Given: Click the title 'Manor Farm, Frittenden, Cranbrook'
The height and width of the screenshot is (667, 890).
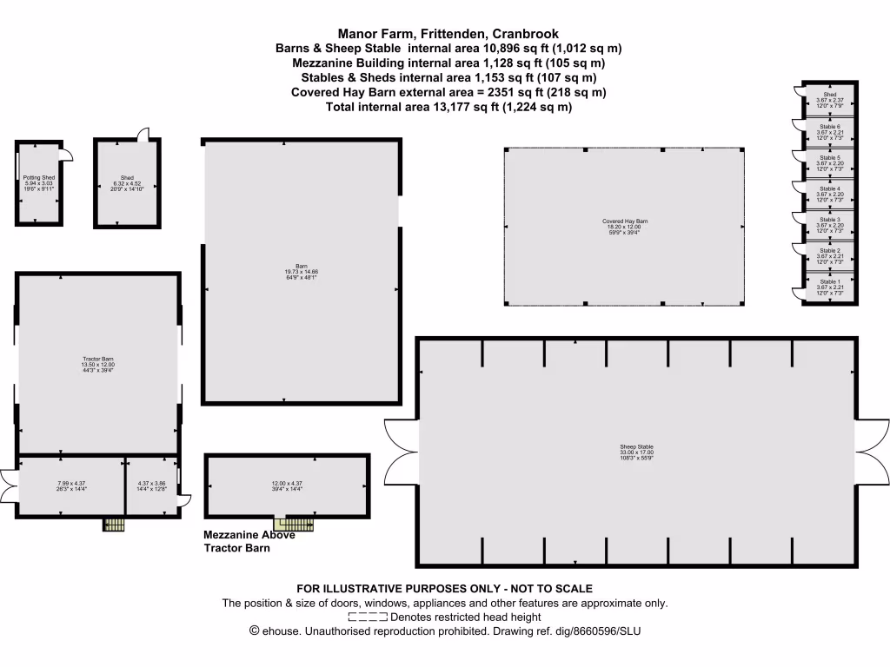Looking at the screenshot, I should pyautogui.click(x=448, y=34).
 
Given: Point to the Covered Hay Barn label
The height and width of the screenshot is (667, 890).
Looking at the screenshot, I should pyautogui.click(x=625, y=221).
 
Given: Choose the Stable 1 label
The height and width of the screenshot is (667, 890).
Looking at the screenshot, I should pyautogui.click(x=829, y=282).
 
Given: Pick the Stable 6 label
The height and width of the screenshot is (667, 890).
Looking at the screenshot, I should pyautogui.click(x=829, y=127).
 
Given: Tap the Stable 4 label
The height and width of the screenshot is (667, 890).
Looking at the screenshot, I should pyautogui.click(x=829, y=188).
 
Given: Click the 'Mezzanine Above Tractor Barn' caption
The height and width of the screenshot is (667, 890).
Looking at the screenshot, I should pyautogui.click(x=249, y=542).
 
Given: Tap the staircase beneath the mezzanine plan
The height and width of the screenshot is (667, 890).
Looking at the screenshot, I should pyautogui.click(x=294, y=524).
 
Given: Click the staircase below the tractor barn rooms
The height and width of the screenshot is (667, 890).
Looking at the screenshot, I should pyautogui.click(x=114, y=525).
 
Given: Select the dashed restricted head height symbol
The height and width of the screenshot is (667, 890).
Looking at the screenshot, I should pyautogui.click(x=367, y=617).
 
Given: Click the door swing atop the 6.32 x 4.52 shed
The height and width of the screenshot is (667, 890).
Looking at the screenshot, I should pyautogui.click(x=143, y=132).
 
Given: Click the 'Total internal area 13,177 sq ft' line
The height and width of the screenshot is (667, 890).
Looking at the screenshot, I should pyautogui.click(x=448, y=107).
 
